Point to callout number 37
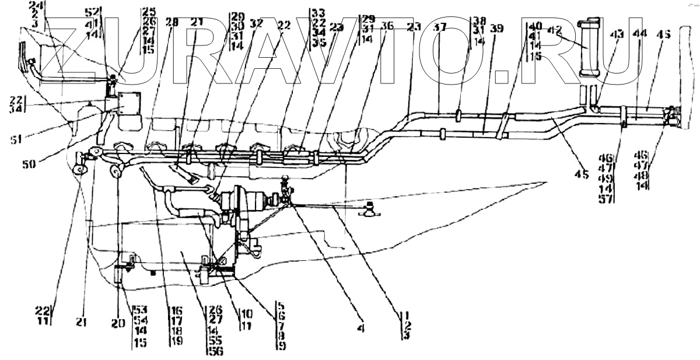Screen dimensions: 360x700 pyautogui.click(x=440, y=26)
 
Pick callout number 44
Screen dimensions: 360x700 pyautogui.click(x=639, y=34)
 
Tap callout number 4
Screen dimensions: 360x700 pyautogui.click(x=360, y=329)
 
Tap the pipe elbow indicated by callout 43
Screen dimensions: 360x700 pyautogui.click(x=594, y=107)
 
